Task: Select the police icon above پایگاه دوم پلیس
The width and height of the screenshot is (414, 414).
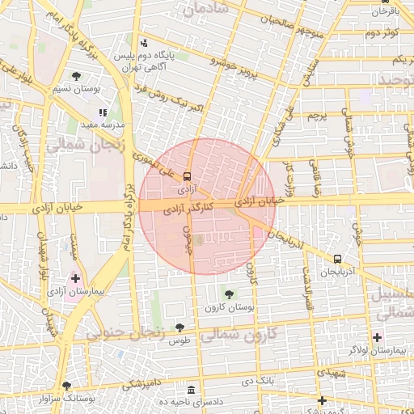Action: pyautogui.click(x=144, y=43)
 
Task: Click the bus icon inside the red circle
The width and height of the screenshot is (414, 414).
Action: pyautogui.click(x=188, y=175)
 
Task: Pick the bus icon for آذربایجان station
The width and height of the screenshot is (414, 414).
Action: pyautogui.click(x=336, y=259)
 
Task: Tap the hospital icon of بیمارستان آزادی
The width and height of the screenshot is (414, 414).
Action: pyautogui.click(x=75, y=277)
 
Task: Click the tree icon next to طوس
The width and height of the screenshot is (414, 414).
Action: pyautogui.click(x=180, y=327)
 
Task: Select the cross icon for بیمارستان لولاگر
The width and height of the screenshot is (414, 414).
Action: pyautogui.click(x=377, y=336)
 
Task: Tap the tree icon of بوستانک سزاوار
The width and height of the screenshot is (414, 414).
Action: pyautogui.click(x=66, y=387)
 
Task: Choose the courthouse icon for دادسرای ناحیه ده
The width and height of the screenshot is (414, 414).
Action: pyautogui.click(x=191, y=390)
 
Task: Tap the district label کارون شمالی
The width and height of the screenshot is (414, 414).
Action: pyautogui.click(x=239, y=333)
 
